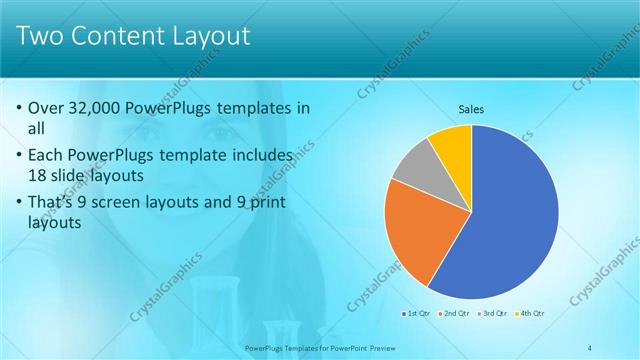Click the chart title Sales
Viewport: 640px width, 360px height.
[x=471, y=106]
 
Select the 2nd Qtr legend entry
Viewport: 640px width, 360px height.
[x=454, y=314]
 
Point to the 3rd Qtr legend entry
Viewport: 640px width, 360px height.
[x=492, y=314]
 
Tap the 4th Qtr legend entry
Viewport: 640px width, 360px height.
[x=530, y=314]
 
